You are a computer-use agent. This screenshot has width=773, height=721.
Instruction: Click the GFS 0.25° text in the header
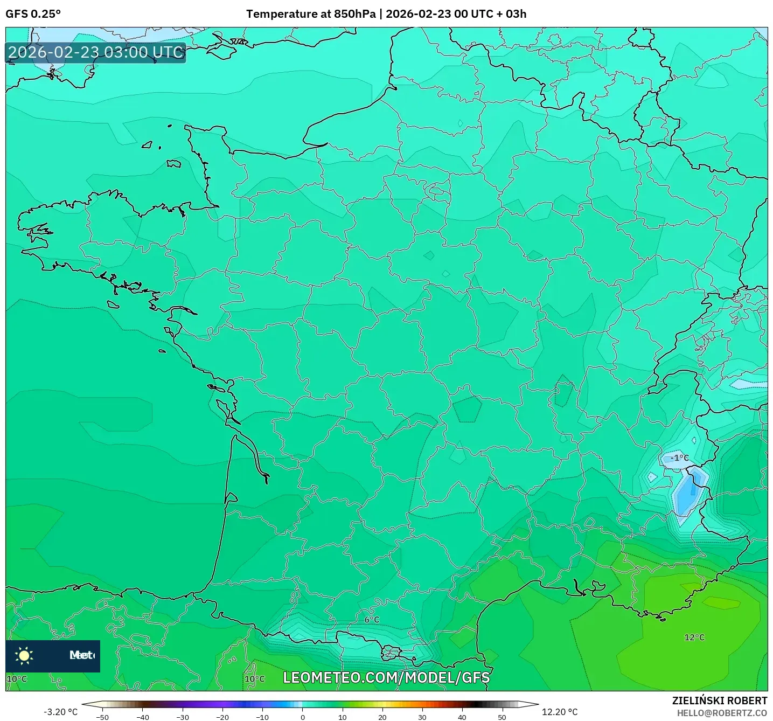33,14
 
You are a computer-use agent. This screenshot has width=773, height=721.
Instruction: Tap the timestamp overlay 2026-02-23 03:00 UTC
96,52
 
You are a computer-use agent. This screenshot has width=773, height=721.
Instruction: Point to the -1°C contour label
679,458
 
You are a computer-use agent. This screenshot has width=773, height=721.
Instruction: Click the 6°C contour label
372,620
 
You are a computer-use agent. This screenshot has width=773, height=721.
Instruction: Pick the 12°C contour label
694,637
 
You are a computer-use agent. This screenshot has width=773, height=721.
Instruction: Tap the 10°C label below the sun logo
17,679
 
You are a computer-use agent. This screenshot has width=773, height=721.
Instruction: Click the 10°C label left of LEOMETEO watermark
255,679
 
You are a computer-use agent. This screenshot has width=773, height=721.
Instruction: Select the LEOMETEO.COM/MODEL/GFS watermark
386,677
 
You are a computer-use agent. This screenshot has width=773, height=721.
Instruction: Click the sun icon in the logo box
24,655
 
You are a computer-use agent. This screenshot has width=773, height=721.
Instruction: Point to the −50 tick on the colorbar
102,717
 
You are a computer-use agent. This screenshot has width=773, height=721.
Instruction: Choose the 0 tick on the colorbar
302,717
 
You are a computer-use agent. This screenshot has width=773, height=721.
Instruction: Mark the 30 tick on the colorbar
422,717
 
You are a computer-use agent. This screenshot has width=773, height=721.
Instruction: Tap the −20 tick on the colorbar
222,717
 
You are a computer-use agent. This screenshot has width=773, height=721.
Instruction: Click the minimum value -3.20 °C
60,712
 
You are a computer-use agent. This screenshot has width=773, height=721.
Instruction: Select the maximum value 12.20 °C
559,712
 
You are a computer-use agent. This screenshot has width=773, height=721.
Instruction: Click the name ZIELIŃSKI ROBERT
719,701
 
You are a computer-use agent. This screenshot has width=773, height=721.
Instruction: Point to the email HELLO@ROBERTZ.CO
721,713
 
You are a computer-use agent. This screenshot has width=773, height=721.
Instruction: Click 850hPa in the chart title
354,14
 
